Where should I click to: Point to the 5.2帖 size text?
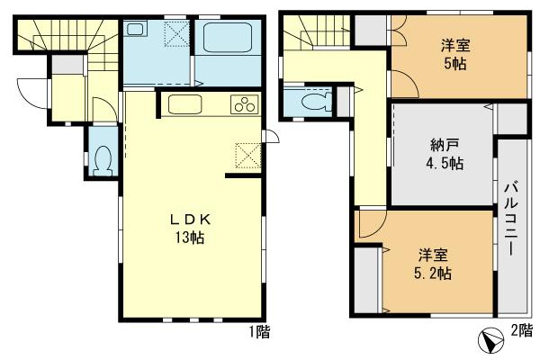point(433,273)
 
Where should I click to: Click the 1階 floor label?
point(259,332)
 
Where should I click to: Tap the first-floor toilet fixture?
point(102,160)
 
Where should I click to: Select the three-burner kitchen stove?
point(244,104)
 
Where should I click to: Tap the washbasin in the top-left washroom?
point(135,30)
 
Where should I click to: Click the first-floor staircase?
point(67,40)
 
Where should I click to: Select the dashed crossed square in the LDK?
point(246,155)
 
